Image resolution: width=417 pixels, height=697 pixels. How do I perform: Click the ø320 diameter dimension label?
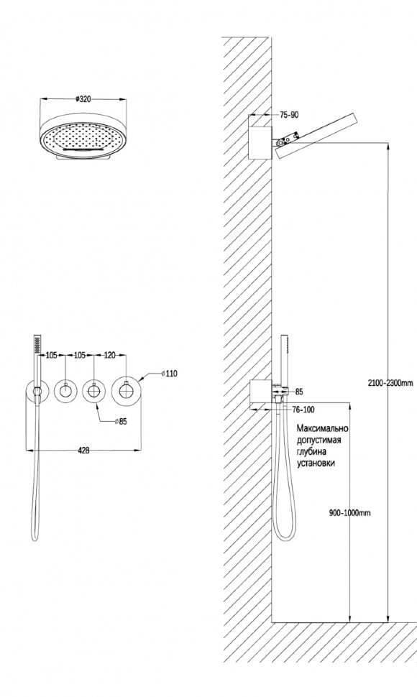pos(83,99)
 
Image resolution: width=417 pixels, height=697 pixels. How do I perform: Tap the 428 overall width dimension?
pos(83,451)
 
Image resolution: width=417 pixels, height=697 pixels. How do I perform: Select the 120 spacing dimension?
pos(109,355)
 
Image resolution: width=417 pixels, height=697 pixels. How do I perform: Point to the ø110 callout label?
pos(168,374)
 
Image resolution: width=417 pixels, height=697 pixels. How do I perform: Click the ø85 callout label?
pos(120,421)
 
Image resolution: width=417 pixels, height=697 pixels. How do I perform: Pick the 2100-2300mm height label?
pos(390,382)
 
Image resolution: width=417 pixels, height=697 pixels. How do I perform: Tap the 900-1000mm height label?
pos(350,513)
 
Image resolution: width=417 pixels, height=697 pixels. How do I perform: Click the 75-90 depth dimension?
pos(289,115)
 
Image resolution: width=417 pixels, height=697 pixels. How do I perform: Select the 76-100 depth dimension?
pos(303,410)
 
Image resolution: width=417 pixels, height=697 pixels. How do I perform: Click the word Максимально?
pos(322,428)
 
